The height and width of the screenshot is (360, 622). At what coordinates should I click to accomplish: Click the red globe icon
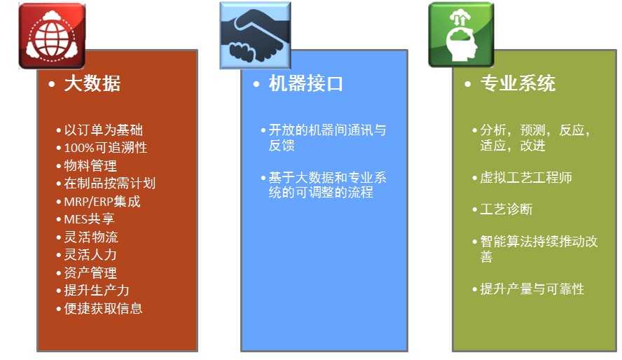52,36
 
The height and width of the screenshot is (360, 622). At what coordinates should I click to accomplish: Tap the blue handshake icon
255,35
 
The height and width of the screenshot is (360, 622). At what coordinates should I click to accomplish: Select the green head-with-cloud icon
462,35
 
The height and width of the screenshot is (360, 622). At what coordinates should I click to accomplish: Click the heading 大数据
92,83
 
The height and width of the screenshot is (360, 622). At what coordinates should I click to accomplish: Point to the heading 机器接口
305,83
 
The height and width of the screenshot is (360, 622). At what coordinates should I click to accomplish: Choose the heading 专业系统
518,83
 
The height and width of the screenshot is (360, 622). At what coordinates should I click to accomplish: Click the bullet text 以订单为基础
103,130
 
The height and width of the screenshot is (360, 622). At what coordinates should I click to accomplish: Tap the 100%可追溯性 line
106,148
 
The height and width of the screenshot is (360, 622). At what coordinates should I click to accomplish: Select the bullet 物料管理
90,166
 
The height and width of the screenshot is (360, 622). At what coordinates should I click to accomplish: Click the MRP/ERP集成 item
102,202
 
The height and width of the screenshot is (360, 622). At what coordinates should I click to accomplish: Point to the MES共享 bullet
89,219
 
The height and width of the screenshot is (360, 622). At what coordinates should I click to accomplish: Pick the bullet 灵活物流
91,237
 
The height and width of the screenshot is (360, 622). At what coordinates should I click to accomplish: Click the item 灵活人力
90,254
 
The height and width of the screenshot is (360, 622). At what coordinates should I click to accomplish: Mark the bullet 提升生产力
97,290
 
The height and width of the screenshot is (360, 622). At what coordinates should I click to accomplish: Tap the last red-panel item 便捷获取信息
103,308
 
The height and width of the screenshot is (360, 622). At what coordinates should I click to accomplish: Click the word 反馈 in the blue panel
282,146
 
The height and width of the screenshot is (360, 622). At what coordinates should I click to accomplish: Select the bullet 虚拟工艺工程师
526,178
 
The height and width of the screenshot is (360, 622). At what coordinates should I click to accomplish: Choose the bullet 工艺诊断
506,209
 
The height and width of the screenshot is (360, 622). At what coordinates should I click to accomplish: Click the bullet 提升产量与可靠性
532,289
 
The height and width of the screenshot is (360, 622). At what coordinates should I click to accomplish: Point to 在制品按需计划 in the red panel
109,184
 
